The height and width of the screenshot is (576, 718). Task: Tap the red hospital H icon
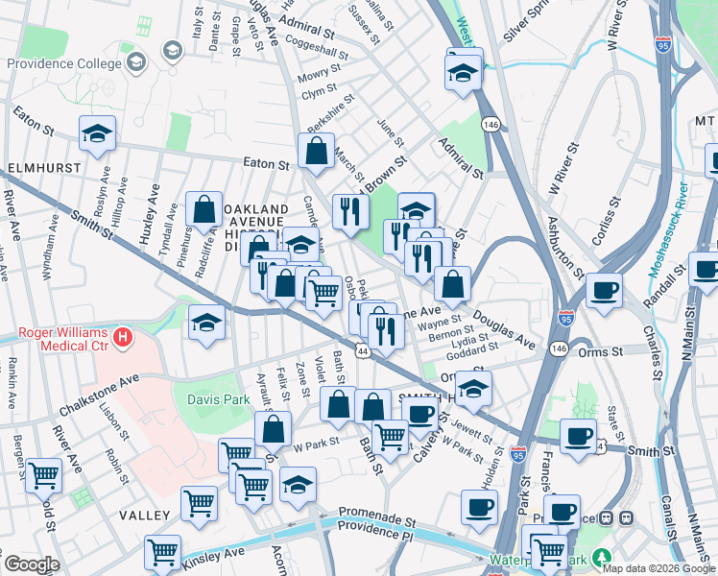tap(123, 337)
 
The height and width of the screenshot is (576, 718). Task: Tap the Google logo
tap(32, 564)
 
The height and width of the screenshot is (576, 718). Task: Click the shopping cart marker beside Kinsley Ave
tap(162, 553)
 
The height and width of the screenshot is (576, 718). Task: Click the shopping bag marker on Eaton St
tap(316, 150)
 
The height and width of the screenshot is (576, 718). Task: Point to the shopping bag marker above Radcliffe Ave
tap(203, 208)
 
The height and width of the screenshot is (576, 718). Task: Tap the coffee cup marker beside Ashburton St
tap(603, 290)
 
